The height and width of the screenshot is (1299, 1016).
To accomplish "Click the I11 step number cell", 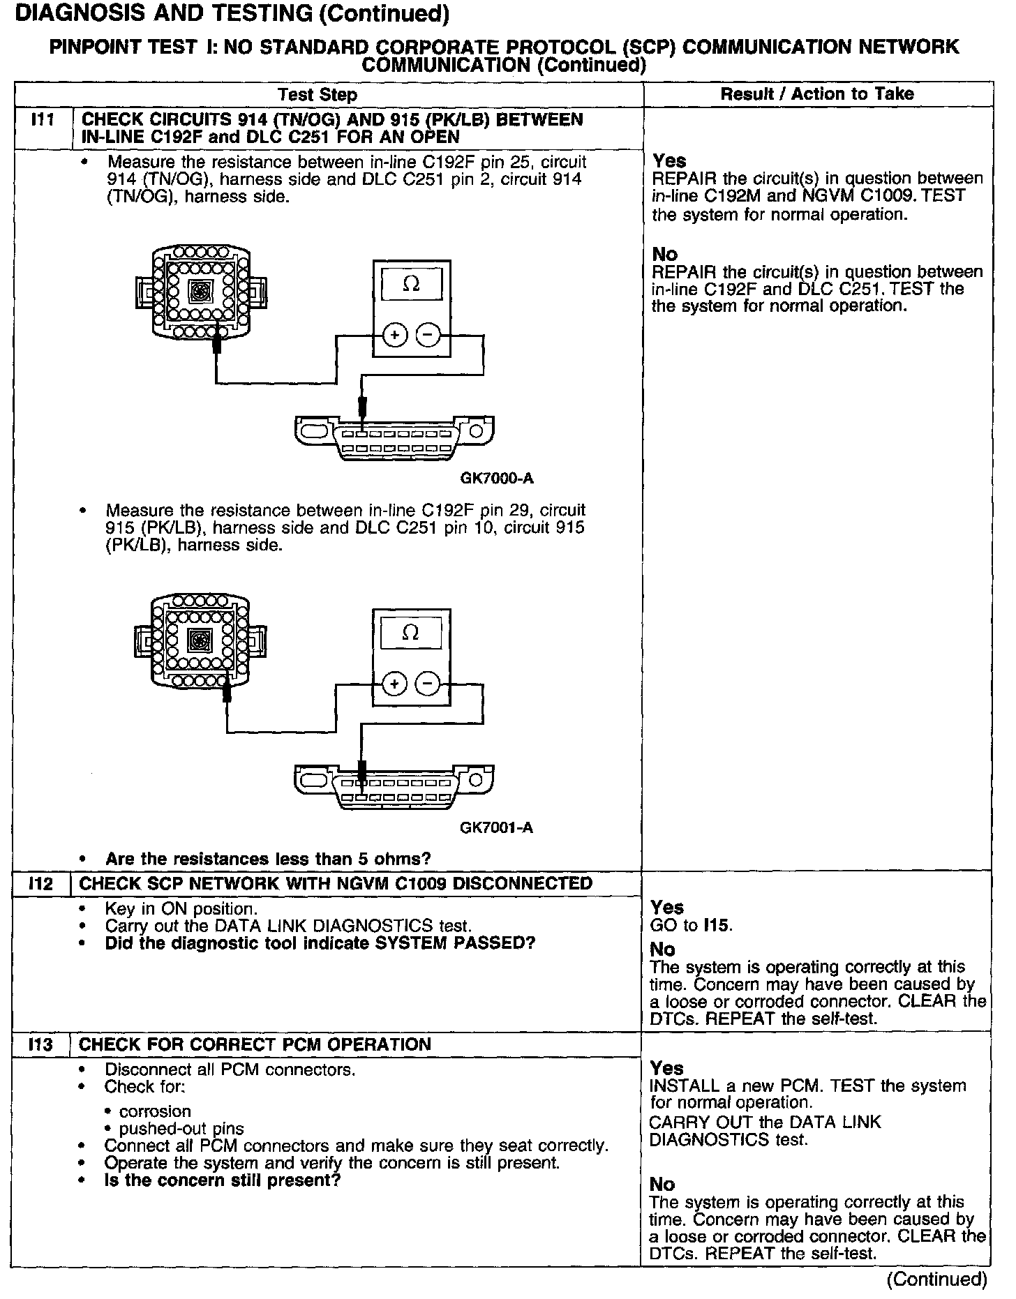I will [43, 120].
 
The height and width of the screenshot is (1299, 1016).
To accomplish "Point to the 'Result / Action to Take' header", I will [817, 93].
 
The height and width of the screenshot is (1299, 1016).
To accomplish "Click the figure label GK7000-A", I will [497, 479].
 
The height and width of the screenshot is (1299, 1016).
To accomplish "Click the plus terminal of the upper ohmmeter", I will [395, 336].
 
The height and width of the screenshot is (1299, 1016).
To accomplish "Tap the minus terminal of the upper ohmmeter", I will [428, 336].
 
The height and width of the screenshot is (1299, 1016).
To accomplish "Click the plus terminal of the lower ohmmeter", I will [395, 684].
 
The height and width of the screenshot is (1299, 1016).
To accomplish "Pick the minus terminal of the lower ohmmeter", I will [428, 684].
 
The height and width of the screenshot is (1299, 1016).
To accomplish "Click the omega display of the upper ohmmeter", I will [412, 285].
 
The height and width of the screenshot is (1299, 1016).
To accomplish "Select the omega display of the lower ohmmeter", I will [411, 633].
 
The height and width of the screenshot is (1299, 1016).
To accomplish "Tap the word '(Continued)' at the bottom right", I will [936, 1279].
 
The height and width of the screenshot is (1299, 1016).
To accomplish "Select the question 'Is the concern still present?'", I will [222, 1180].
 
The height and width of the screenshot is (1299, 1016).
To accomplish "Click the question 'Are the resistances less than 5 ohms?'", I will [268, 858].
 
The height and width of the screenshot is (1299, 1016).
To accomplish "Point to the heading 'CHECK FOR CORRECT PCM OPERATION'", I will [255, 1044].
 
